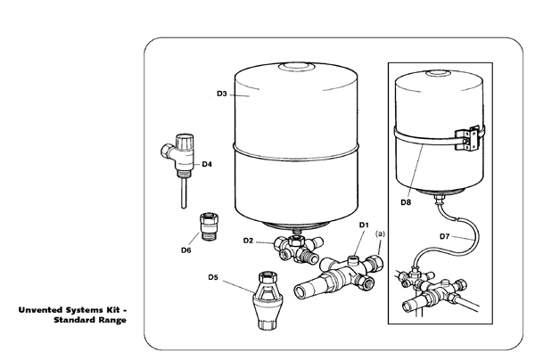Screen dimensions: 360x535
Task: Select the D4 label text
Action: click(x=206, y=164)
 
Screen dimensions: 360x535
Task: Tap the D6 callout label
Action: click(x=186, y=250)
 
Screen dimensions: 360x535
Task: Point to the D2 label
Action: click(x=249, y=241)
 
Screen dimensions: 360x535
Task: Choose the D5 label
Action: click(x=213, y=277)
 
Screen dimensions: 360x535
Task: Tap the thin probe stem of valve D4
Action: click(x=182, y=189)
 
